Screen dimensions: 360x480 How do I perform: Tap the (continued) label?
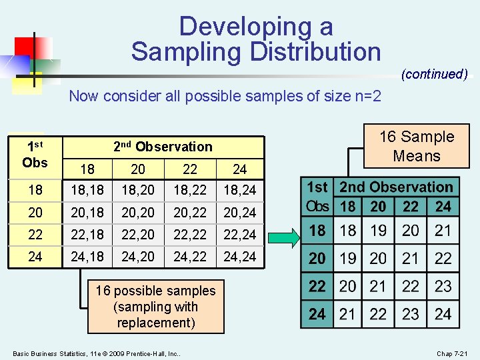434,74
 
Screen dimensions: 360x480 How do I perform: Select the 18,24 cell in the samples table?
240,190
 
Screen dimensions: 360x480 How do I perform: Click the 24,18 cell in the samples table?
87,257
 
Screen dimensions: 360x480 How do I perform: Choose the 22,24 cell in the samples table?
240,235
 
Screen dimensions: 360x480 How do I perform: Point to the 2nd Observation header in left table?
163,147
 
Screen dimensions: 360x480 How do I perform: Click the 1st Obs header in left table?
35,153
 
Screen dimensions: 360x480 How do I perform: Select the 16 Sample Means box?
417,147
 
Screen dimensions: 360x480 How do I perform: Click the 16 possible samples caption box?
155,307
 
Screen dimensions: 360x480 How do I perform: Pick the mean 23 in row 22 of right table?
443,287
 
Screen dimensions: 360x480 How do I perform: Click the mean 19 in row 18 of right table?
378,231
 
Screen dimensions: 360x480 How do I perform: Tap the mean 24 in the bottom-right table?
443,314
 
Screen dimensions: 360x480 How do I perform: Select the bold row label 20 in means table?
317,259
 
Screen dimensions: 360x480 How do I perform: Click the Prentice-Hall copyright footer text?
97,353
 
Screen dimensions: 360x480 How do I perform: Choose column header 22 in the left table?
189,169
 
